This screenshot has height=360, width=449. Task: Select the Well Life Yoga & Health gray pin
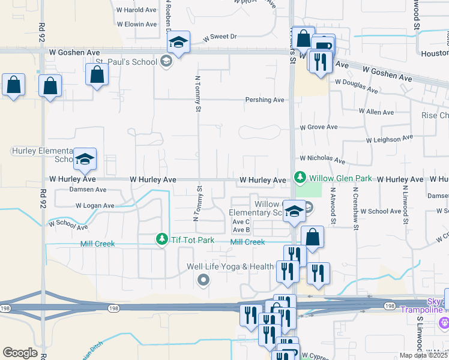tap(203, 279)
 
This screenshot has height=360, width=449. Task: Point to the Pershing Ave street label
tap(264, 100)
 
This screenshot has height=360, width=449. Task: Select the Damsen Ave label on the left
tap(88, 190)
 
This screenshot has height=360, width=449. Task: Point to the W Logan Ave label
tap(94, 206)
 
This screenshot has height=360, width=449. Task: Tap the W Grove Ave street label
tap(319, 127)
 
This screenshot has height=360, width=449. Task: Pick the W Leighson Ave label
tap(390, 139)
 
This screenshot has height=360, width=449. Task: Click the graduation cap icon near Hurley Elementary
tap(85, 159)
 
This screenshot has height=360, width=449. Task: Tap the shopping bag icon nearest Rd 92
tap(50, 85)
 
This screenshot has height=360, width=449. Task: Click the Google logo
tap(20, 353)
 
